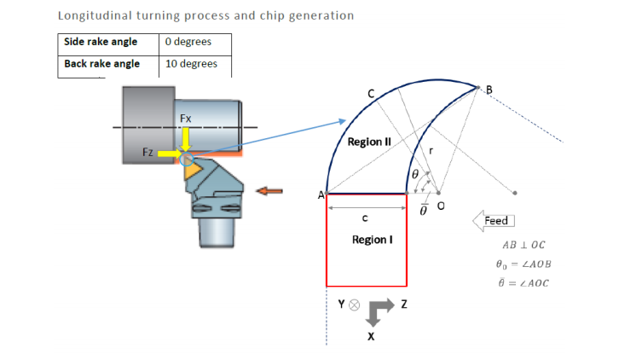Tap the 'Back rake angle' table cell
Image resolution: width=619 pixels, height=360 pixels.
pyautogui.click(x=101, y=64)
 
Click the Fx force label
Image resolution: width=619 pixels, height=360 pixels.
pyautogui.click(x=185, y=117)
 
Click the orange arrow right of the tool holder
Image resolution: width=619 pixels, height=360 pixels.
pyautogui.click(x=270, y=191)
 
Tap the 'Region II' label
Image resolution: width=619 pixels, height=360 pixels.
pyautogui.click(x=368, y=142)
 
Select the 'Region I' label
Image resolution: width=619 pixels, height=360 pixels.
pyautogui.click(x=372, y=240)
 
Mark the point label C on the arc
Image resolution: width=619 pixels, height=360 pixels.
pyautogui.click(x=371, y=92)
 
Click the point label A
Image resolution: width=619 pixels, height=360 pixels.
pyautogui.click(x=321, y=195)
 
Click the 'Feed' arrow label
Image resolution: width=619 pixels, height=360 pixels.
pyautogui.click(x=495, y=221)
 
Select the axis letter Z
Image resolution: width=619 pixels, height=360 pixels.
pyautogui.click(x=404, y=305)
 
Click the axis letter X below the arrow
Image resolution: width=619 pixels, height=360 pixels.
pyautogui.click(x=371, y=337)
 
